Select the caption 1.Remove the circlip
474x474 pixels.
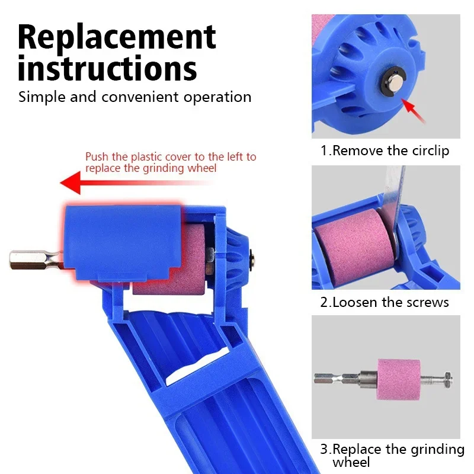coord(385,150)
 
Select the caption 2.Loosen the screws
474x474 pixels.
coord(385,302)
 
